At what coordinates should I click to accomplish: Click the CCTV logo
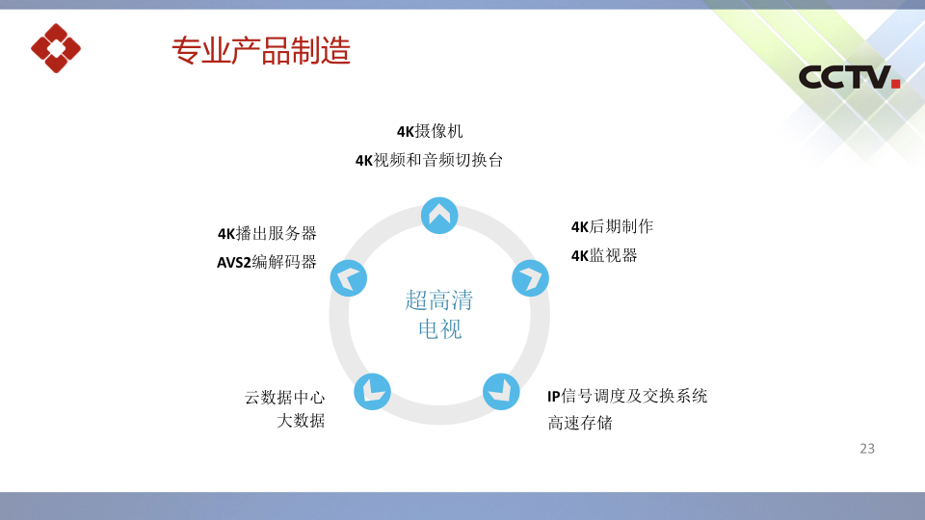pyautogui.click(x=849, y=77)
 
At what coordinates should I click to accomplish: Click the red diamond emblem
pyautogui.click(x=56, y=48)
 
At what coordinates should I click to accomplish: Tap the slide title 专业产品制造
pyautogui.click(x=261, y=50)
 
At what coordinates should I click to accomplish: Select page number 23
pyautogui.click(x=867, y=449)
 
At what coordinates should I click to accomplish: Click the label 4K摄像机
pyautogui.click(x=430, y=131)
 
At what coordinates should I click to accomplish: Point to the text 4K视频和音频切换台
pyautogui.click(x=429, y=160)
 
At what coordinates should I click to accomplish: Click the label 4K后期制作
pyautogui.click(x=612, y=226)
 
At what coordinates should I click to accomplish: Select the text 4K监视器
pyautogui.click(x=604, y=255)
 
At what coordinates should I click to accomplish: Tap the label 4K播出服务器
pyautogui.click(x=267, y=233)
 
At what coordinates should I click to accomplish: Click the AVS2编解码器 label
pyautogui.click(x=267, y=262)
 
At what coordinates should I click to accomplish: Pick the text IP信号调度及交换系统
pyautogui.click(x=627, y=396)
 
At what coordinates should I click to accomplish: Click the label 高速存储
pyautogui.click(x=580, y=423)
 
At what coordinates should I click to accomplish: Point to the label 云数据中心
pyautogui.click(x=285, y=398)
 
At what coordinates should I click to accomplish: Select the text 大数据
pyautogui.click(x=301, y=421)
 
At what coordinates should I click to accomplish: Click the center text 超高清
pyautogui.click(x=439, y=300)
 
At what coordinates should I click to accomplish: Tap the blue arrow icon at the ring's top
pyautogui.click(x=439, y=215)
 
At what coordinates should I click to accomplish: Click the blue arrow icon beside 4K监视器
pyautogui.click(x=530, y=277)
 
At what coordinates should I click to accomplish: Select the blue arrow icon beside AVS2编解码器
pyautogui.click(x=349, y=277)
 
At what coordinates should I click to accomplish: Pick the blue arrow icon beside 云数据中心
pyautogui.click(x=372, y=392)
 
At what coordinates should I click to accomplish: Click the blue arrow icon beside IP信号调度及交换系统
pyautogui.click(x=501, y=392)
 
